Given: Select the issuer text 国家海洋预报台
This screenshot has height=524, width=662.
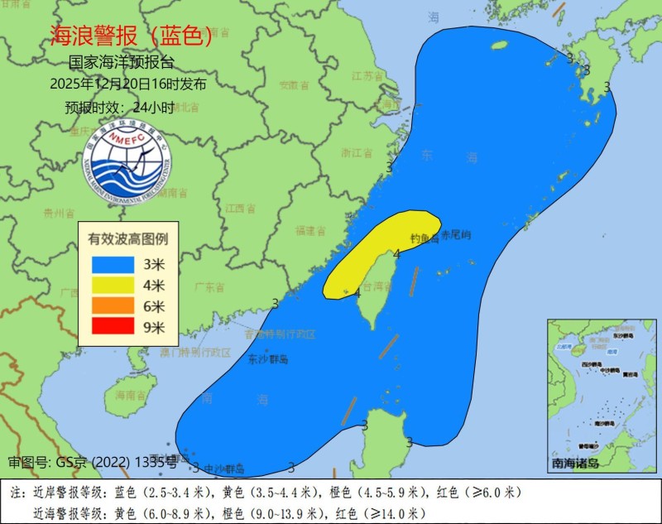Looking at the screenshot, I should tap(122, 64).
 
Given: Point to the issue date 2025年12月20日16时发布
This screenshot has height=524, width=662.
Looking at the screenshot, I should tap(128, 84).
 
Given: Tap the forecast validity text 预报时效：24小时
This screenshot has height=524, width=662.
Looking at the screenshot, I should tap(119, 107).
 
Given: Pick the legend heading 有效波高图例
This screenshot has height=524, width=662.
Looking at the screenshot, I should tap(128, 238).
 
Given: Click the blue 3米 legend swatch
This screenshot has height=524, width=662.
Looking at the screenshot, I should tap(113, 264).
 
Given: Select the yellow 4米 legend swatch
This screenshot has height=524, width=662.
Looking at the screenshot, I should tap(113, 285).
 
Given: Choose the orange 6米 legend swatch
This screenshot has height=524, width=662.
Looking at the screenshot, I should tap(113, 305).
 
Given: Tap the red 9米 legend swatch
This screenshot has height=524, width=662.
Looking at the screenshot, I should tap(113, 326).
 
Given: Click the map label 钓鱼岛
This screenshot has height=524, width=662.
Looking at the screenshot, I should tap(424, 238).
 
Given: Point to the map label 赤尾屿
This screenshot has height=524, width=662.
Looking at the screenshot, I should tap(455, 235).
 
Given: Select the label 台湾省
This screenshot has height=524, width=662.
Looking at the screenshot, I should tap(377, 286).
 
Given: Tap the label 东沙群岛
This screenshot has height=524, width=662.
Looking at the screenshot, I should tap(268, 360).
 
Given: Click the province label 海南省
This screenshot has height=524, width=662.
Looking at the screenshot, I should tap(129, 396).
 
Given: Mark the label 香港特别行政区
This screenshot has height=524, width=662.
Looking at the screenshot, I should tap(281, 334).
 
